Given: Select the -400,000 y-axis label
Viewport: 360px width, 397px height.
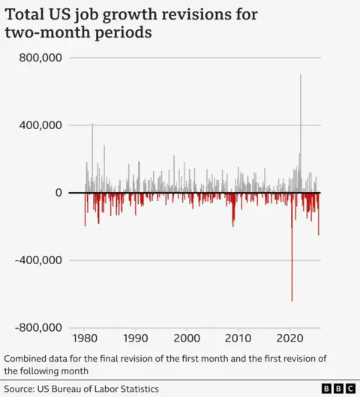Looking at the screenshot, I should (39, 260).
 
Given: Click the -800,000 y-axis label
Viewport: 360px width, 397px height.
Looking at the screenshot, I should (39, 328).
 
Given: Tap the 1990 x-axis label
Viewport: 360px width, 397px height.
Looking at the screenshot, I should (136, 338).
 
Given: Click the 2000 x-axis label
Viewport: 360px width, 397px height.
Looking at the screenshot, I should (187, 338).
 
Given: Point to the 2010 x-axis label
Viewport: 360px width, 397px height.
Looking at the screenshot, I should (239, 338).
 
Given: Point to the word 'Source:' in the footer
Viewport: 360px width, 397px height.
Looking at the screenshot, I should (21, 388).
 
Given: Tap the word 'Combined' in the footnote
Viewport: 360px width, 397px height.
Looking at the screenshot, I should (28, 358).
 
